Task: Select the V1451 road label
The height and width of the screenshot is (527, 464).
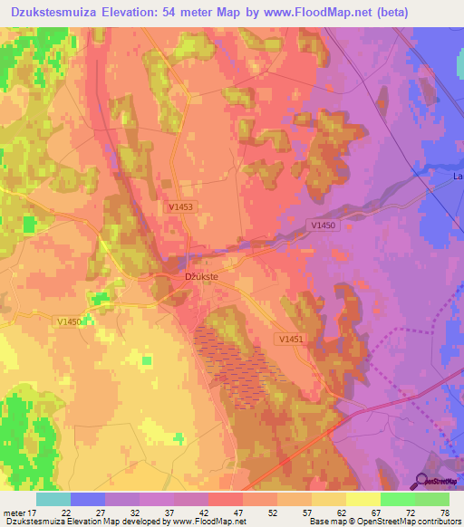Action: click(x=291, y=339)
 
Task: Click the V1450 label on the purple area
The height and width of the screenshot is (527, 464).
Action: click(x=323, y=225)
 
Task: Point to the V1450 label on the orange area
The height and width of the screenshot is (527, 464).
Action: click(x=70, y=321)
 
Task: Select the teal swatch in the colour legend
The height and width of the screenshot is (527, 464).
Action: click(x=53, y=499)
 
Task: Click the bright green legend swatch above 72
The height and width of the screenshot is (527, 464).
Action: click(x=397, y=499)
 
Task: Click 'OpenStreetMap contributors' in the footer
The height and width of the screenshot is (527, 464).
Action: click(x=409, y=522)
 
